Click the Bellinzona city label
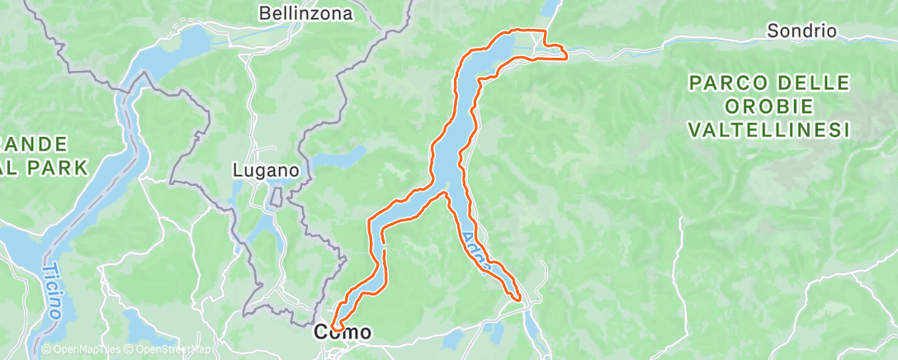click(305, 13)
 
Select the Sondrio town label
click(801, 31)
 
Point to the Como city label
click(343, 333)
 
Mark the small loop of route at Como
click(337, 326)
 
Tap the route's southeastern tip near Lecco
click(519, 297)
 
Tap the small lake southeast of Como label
click(453, 339)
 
